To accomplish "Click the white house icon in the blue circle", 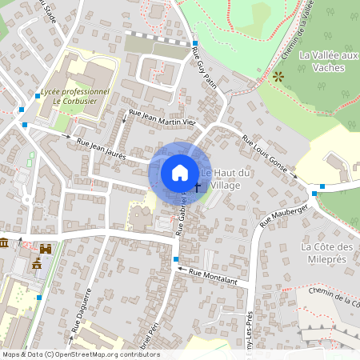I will [180, 172].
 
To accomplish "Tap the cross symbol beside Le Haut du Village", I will [197, 186].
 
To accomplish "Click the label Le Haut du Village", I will [226, 179].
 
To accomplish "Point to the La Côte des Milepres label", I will [328, 253].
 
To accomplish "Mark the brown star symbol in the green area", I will [278, 78].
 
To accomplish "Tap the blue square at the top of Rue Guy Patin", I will [194, 43].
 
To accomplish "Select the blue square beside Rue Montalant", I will [176, 259].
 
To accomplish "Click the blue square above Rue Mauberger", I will [322, 186].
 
